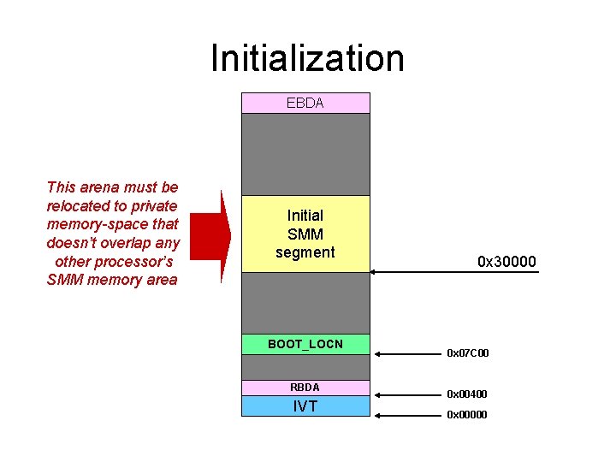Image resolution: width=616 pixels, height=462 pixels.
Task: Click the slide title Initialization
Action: tap(307, 58)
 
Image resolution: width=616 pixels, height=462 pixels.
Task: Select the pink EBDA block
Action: tap(305, 103)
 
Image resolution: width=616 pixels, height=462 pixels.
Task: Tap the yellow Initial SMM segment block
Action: tap(305, 234)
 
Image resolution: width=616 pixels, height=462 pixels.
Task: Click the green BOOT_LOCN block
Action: tap(305, 345)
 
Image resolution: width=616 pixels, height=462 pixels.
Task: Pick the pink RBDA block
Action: tap(305, 388)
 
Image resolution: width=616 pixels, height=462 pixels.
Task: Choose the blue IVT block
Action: tap(305, 406)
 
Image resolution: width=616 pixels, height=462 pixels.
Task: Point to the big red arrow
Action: tap(210, 235)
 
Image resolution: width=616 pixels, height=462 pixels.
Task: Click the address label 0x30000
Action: tap(506, 261)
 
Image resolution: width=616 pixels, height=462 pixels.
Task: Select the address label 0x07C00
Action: tap(467, 352)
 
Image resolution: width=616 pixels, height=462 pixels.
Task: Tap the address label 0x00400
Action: tap(467, 394)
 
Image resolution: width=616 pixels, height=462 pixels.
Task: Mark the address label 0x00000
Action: tap(467, 414)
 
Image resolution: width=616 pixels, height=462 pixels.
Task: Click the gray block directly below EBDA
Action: tap(305, 154)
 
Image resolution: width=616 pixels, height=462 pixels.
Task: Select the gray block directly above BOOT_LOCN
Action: tap(305, 303)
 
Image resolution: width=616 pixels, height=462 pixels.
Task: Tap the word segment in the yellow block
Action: tap(305, 252)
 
